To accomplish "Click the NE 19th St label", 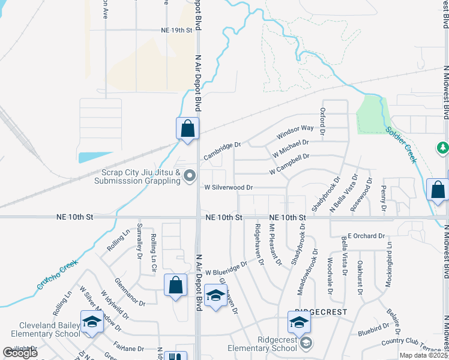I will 176,29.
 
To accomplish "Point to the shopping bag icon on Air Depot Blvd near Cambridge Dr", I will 187,128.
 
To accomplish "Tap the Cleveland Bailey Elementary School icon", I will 92,322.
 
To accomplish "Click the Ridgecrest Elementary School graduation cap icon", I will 299,323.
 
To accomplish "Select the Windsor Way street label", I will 295,133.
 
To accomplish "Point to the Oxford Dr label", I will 322,121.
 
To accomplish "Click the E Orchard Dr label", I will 366,236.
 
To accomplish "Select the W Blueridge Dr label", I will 226,268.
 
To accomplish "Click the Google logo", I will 20,352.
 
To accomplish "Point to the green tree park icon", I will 443,148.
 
